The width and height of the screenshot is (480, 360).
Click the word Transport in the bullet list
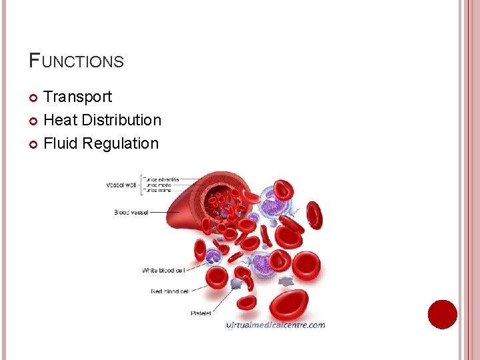[x=77, y=97]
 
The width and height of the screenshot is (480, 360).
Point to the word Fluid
[x=59, y=144]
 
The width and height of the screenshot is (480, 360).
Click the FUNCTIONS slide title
[x=77, y=61]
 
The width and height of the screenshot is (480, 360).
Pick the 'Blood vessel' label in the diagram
[x=131, y=213]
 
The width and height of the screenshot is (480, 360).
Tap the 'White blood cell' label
[x=163, y=270]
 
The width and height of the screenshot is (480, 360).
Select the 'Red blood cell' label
[x=170, y=291]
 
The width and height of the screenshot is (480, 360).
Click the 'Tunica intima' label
[x=159, y=191]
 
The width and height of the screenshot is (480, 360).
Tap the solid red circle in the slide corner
[x=443, y=315]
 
